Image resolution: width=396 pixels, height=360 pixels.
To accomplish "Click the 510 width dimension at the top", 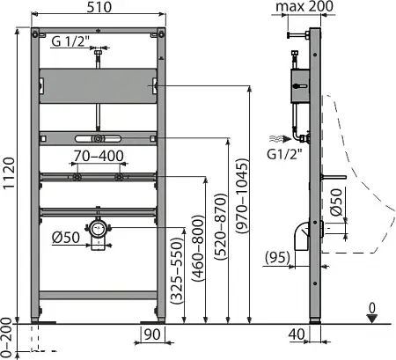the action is pos(99,7).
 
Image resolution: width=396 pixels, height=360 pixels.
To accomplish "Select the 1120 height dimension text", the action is pos(9,173).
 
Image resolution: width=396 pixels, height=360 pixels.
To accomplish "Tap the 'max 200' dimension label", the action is pos(304,6).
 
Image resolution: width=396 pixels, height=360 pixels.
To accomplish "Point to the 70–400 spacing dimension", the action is pos(99,156).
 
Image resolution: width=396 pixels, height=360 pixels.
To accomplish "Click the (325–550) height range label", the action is pos(177,271).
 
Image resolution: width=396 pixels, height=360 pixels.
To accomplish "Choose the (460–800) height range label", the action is pos(199,248).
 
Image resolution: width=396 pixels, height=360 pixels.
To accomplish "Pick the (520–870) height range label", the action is pos(221,227).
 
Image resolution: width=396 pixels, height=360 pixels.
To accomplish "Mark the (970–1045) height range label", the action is pos(243,196).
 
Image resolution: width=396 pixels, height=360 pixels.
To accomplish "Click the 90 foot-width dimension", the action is pos(152,334).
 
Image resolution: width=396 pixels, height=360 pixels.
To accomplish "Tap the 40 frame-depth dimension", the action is pos(297,334).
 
